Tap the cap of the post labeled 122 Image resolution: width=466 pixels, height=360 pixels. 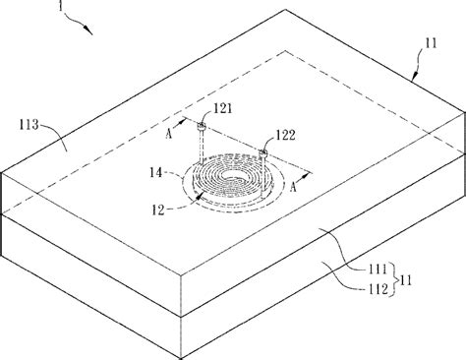pyautogui.click(x=264, y=151)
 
